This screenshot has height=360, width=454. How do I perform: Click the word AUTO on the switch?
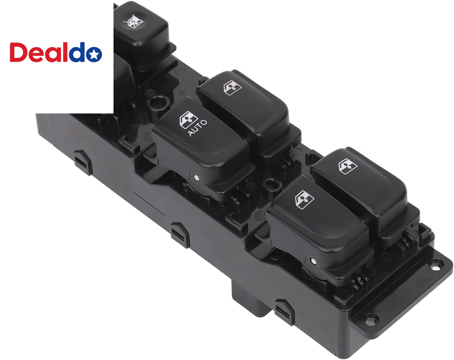(x=198, y=128)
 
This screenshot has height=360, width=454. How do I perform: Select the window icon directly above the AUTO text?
(x=189, y=119)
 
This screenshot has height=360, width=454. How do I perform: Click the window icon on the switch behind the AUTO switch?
(x=232, y=88)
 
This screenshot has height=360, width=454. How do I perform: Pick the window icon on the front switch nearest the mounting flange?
(x=304, y=199)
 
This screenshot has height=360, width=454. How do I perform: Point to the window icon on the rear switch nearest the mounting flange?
(x=348, y=166)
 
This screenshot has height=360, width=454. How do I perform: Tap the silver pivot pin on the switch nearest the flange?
(x=313, y=261)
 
